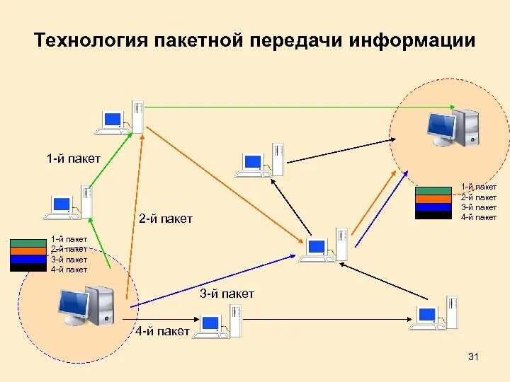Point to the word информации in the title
[x=412, y=40]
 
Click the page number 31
[x=474, y=358]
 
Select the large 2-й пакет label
[x=166, y=219]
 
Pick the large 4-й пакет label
[x=163, y=331]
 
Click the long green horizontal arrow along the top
[x=269, y=107]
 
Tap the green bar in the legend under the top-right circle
[x=433, y=190]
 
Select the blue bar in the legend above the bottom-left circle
[x=28, y=260]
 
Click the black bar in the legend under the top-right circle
[x=433, y=216]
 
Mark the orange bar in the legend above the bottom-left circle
[x=28, y=250]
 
